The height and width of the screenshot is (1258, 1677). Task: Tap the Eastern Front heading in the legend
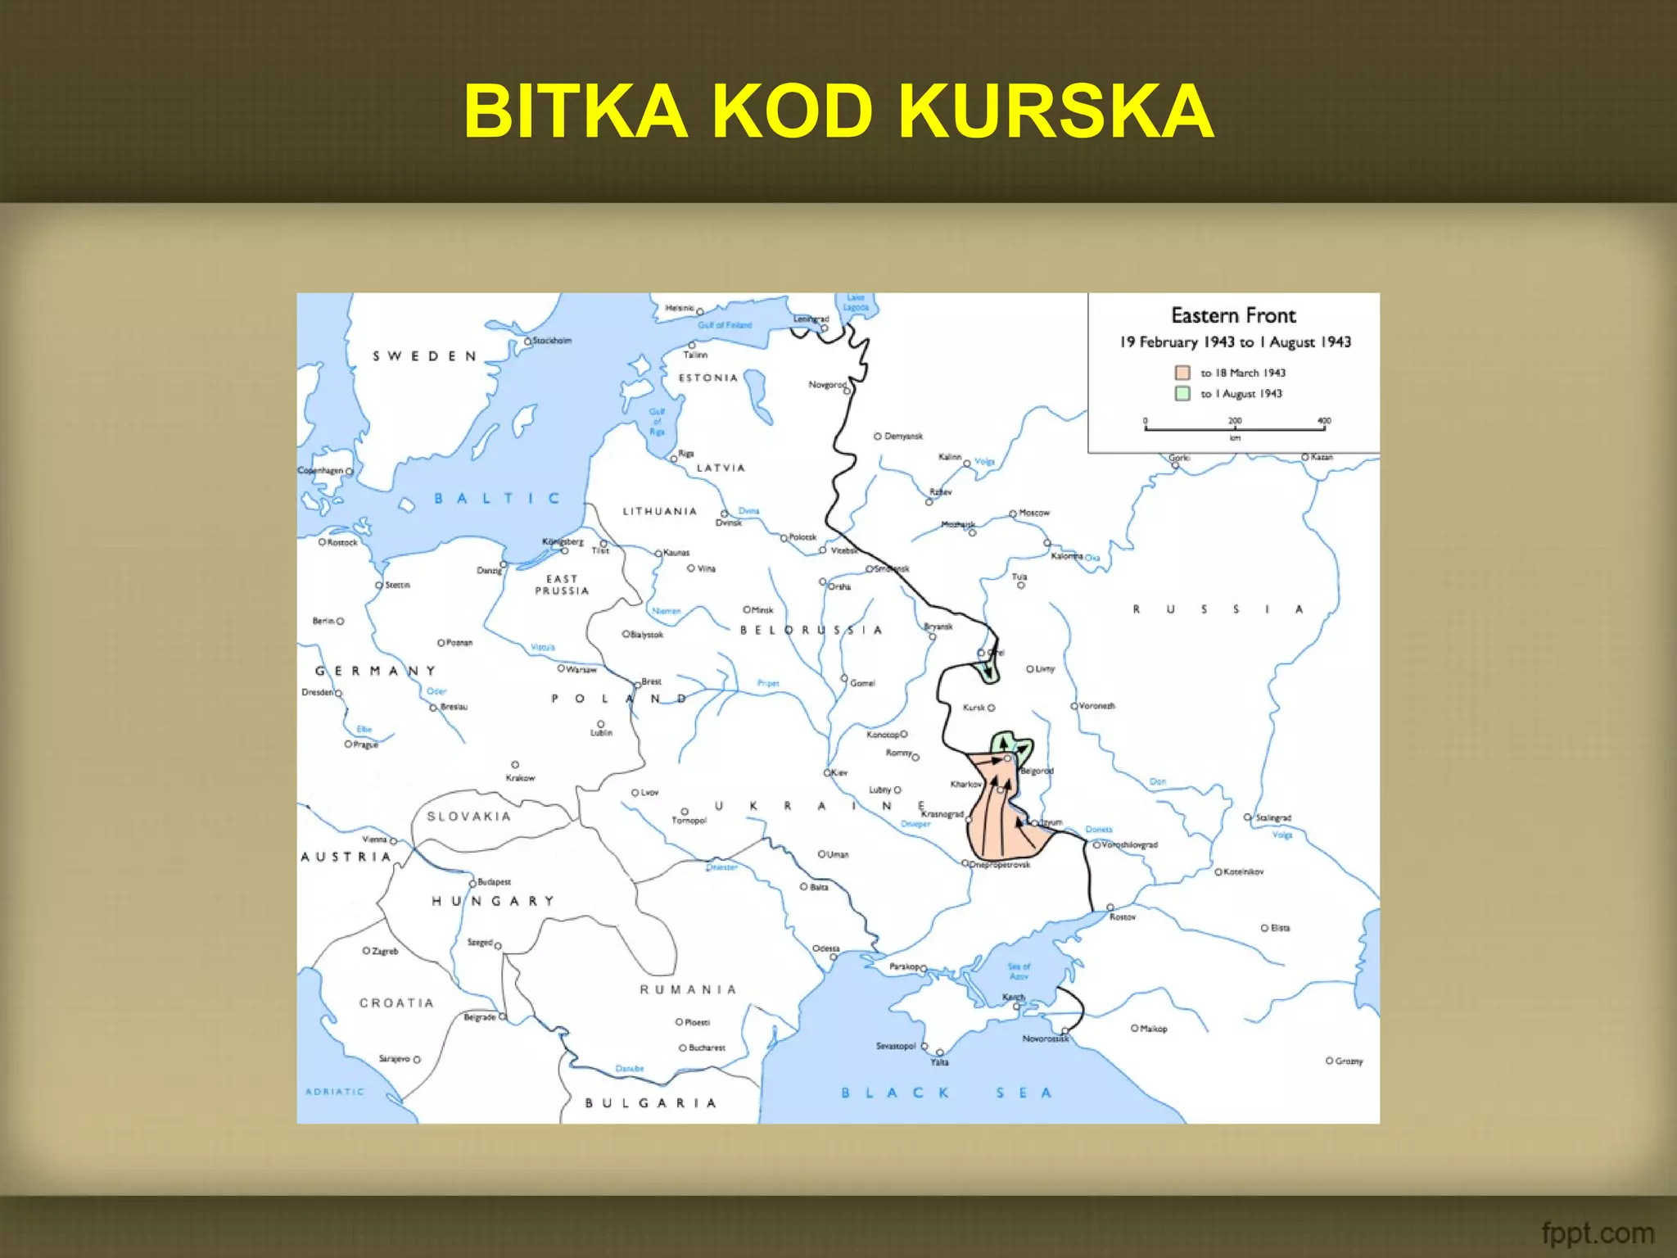(x=1233, y=315)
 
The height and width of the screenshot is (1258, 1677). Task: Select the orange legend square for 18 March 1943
(x=1182, y=373)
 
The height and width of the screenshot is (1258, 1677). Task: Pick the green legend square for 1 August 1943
(x=1182, y=393)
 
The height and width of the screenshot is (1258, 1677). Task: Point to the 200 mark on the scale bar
(x=1235, y=421)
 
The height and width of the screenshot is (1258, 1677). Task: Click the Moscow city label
(x=1034, y=513)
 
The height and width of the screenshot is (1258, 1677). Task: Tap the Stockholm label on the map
(x=552, y=340)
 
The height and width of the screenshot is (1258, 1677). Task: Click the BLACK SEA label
(x=946, y=1093)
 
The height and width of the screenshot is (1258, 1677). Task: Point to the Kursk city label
(x=974, y=707)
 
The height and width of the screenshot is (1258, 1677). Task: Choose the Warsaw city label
(x=581, y=669)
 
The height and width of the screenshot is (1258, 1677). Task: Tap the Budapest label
(x=494, y=882)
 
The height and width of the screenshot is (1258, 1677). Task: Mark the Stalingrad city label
(x=1273, y=817)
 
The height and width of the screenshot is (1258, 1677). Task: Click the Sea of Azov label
(x=1019, y=971)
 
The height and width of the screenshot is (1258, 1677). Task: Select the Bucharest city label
(x=707, y=1048)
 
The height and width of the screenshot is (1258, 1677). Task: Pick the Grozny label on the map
(x=1349, y=1061)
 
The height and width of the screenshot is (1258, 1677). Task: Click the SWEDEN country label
(x=424, y=356)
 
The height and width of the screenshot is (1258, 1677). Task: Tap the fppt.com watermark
(x=1597, y=1233)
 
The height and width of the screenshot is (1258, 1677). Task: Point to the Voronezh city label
(x=1096, y=705)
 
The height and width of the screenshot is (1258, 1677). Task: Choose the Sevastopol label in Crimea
(x=895, y=1046)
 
